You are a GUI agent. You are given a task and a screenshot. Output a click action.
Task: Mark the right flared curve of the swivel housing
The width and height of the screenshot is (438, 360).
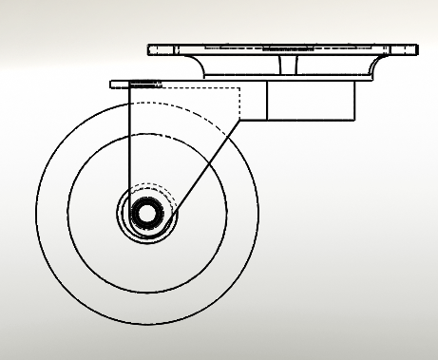pos(366,67)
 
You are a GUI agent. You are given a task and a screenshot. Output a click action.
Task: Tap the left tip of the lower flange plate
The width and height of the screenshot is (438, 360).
pos(113,85)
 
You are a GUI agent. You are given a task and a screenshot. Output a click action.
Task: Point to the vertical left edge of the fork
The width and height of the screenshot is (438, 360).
pos(128,142)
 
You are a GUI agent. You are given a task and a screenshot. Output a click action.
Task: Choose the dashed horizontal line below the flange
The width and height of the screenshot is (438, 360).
pos(190,88)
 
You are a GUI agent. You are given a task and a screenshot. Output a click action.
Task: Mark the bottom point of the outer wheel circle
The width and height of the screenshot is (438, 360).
pos(147,325)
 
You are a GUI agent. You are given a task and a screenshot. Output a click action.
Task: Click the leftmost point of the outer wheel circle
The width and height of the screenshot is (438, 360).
pos(36,214)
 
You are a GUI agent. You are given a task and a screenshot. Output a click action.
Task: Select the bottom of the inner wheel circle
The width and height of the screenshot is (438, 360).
pos(147,294)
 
